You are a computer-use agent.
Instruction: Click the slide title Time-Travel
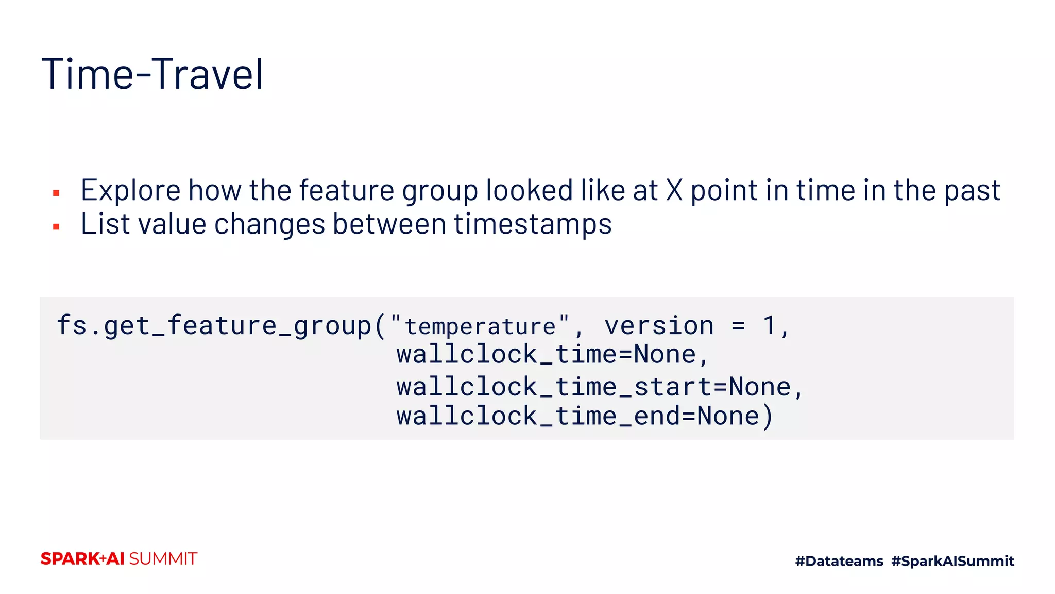[x=152, y=74]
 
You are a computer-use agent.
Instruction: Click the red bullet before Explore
[x=57, y=193]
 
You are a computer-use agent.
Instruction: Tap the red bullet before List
[x=57, y=226]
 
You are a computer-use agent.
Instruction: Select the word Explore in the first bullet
[x=130, y=190]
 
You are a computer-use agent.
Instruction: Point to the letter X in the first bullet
[x=674, y=190]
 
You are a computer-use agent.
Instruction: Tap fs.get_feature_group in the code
[x=213, y=326]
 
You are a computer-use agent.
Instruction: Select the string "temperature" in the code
[x=480, y=326]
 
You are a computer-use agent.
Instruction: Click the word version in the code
[x=659, y=326]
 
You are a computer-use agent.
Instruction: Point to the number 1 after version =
[x=769, y=325]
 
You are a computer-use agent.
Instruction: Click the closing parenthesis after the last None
[x=768, y=416]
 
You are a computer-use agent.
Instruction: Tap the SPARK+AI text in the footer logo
[x=82, y=559]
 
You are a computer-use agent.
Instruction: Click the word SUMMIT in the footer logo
[x=163, y=559]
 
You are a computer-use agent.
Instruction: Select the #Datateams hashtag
[x=839, y=561]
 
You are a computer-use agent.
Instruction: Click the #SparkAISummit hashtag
[x=952, y=561]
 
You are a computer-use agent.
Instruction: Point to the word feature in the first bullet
[x=346, y=190]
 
